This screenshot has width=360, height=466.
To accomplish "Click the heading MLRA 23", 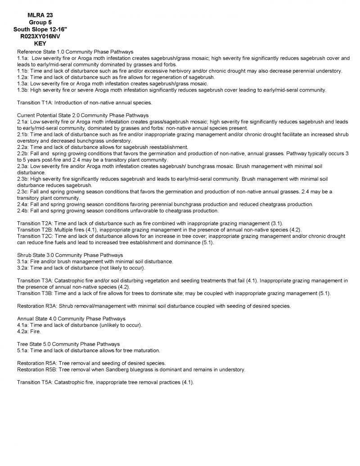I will click(x=40, y=15).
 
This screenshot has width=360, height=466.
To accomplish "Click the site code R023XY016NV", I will click(x=40, y=37).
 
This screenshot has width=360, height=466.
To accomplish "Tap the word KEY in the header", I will click(x=40, y=44).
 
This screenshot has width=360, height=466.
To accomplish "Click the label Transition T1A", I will click(x=35, y=103).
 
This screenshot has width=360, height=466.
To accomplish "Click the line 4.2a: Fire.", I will click(x=29, y=332).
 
